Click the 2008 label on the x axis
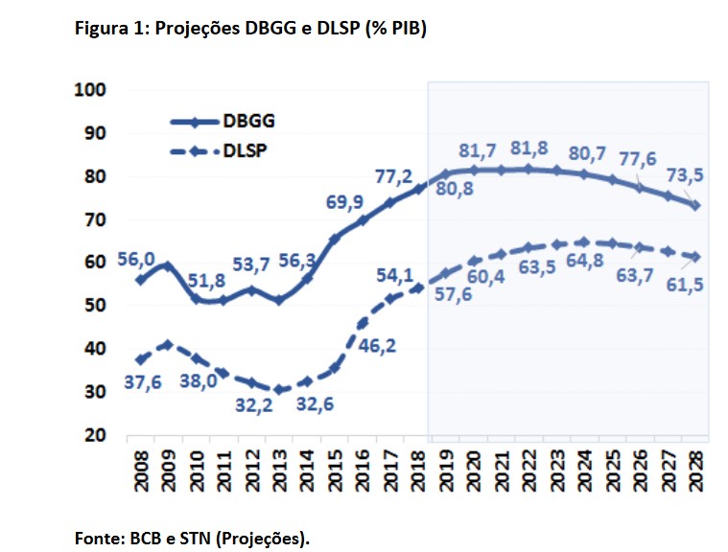click(141, 470)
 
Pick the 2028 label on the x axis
click(695, 470)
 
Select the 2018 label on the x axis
click(418, 470)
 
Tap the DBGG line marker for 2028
click(695, 205)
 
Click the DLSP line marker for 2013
click(279, 389)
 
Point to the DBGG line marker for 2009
click(169, 264)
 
